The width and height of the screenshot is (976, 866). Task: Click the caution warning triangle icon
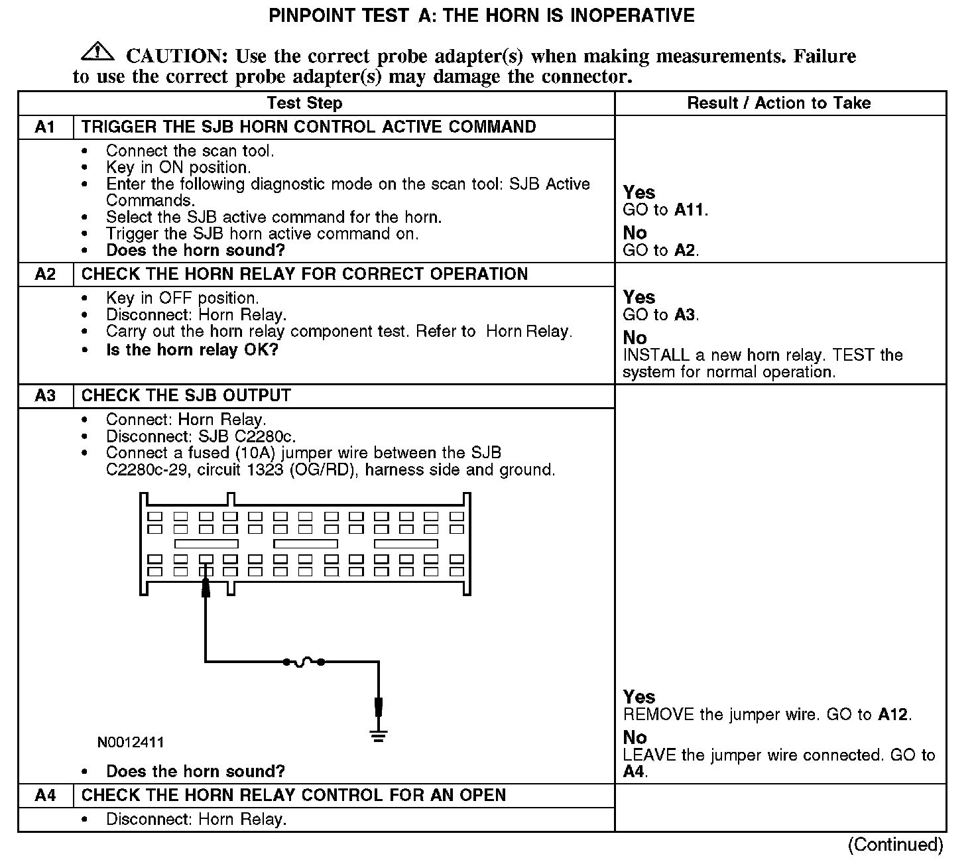click(x=97, y=51)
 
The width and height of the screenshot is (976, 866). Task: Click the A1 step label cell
click(x=45, y=127)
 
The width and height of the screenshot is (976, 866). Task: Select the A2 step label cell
click(x=45, y=274)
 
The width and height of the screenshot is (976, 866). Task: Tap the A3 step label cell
click(x=45, y=396)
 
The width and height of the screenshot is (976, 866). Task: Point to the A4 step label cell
click(x=45, y=795)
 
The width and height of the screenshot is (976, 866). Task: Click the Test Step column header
click(x=304, y=103)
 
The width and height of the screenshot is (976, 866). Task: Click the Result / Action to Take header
click(x=779, y=103)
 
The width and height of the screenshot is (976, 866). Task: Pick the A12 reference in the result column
click(x=893, y=715)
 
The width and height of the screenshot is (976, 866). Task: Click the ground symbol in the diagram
click(x=379, y=735)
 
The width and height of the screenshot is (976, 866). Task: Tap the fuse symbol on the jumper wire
click(x=304, y=662)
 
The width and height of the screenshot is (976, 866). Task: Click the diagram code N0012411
click(x=131, y=742)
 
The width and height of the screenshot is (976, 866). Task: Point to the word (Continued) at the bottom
click(x=895, y=844)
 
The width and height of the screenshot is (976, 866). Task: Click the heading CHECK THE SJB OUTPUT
click(x=186, y=396)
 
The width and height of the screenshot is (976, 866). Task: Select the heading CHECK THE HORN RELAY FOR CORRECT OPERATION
click(x=304, y=274)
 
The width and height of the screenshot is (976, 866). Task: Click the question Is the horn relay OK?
click(x=192, y=349)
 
